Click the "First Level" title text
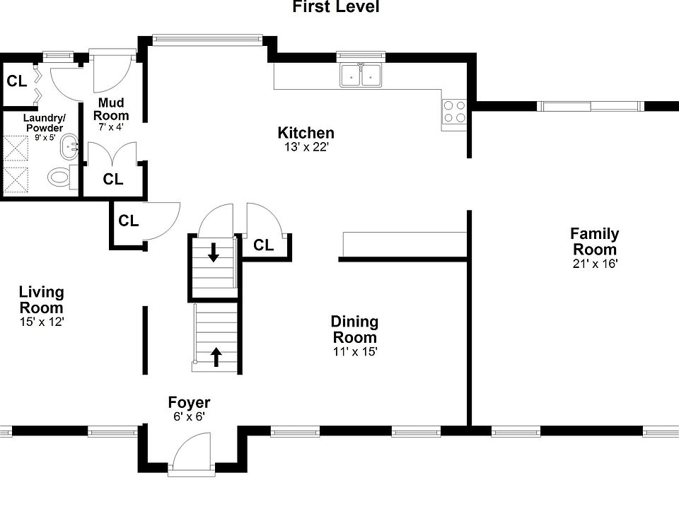click(x=336, y=8)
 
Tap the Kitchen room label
click(x=306, y=133)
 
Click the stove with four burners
click(x=454, y=112)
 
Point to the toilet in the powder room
click(x=62, y=177)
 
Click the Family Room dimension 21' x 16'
click(x=595, y=264)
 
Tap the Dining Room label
click(x=354, y=329)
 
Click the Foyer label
click(x=189, y=403)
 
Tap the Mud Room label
click(x=112, y=110)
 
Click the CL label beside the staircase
click(x=264, y=245)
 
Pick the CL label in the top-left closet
click(x=17, y=81)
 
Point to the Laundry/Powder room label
click(x=43, y=122)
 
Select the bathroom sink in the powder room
click(x=70, y=149)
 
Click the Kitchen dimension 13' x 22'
click(x=305, y=147)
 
